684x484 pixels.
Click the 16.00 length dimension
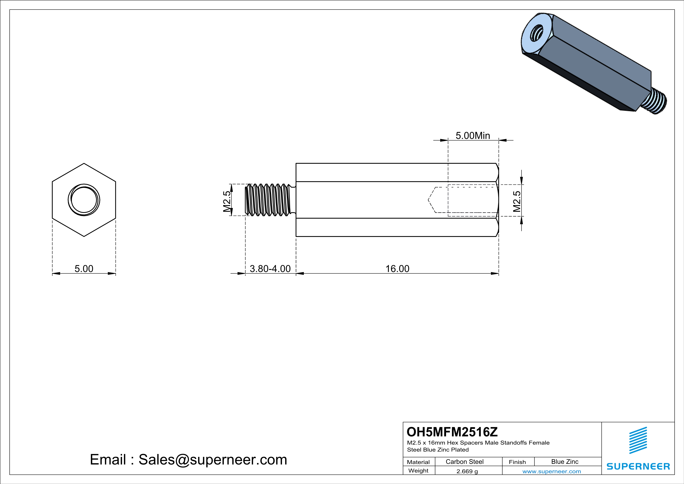point(397,269)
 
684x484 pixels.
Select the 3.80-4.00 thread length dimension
point(270,269)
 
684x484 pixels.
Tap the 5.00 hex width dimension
point(84,269)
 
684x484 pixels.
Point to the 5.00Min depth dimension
point(473,136)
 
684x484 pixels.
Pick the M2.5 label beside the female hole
point(517,201)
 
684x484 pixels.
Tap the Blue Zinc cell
point(565,462)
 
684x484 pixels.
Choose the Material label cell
point(418,462)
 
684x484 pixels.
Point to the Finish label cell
point(517,462)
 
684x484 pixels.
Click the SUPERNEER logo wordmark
point(638,466)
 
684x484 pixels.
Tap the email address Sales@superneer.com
point(213,460)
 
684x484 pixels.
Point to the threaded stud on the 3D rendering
point(657,102)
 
